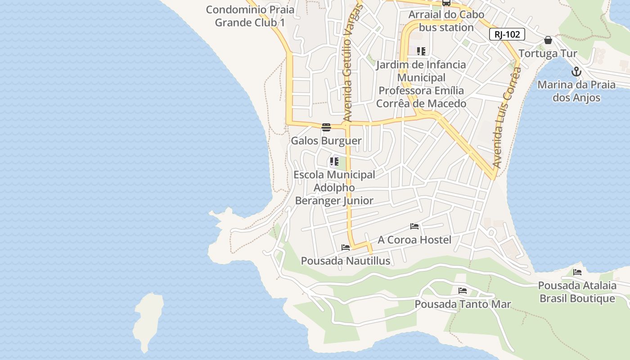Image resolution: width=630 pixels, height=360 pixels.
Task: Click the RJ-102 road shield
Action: [507, 34]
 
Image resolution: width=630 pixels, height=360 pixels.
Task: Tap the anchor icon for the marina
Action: [576, 72]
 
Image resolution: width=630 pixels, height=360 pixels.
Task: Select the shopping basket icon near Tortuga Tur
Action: [548, 40]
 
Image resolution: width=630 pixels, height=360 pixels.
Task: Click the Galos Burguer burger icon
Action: [326, 127]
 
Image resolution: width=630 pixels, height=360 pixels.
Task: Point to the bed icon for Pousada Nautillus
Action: [346, 247]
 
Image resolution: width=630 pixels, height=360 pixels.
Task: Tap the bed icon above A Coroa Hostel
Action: [414, 226]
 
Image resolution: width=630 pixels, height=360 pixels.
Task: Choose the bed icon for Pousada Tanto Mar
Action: [463, 291]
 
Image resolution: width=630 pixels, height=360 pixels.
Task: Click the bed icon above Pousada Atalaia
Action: [577, 272]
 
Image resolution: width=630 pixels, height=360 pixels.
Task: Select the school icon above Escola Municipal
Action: [334, 161]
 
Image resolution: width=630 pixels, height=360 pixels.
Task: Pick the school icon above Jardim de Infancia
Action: [421, 51]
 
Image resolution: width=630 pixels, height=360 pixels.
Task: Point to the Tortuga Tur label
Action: [548, 54]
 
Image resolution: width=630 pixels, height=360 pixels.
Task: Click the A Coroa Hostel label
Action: [414, 240]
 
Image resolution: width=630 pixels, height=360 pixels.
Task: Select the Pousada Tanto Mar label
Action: [463, 304]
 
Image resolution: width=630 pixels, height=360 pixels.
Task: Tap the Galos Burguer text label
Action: [326, 141]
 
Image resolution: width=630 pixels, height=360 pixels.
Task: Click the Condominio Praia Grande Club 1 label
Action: [250, 16]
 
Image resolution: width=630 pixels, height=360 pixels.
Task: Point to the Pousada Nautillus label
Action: [346, 261]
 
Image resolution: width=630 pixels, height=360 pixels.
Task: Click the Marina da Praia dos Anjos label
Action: [576, 91]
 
